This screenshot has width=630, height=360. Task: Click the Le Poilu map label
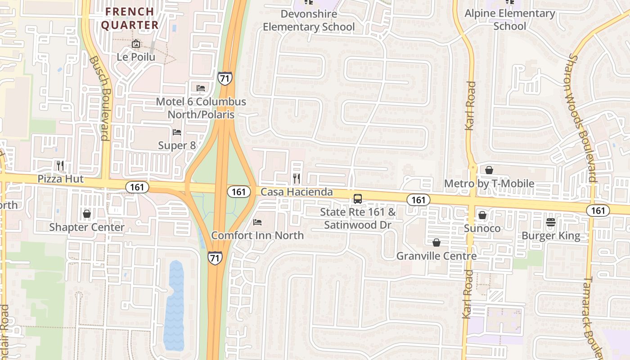pyautogui.click(x=135, y=57)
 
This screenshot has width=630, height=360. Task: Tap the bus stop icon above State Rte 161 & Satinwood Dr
pyautogui.click(x=358, y=198)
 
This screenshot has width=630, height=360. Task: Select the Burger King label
pyautogui.click(x=551, y=235)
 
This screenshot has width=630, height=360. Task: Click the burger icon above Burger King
pyautogui.click(x=551, y=222)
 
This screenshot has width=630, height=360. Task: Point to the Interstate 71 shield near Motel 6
pyautogui.click(x=225, y=78)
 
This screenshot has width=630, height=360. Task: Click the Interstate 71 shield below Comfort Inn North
pyautogui.click(x=215, y=258)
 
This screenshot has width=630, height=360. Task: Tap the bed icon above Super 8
pyautogui.click(x=177, y=132)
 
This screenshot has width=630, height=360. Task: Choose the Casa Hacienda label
pyautogui.click(x=297, y=192)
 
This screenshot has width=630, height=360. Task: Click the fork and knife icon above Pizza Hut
pyautogui.click(x=61, y=166)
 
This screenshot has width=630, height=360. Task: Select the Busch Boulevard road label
pyautogui.click(x=99, y=98)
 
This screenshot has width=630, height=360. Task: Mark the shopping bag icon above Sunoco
pyautogui.click(x=482, y=215)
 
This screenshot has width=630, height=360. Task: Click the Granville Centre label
pyautogui.click(x=436, y=256)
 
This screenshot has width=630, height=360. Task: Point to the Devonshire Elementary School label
pyautogui.click(x=309, y=20)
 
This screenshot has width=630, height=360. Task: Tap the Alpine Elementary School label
pyautogui.click(x=509, y=20)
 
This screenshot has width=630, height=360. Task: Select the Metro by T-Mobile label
pyautogui.click(x=489, y=184)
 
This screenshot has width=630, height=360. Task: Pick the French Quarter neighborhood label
pyautogui.click(x=130, y=18)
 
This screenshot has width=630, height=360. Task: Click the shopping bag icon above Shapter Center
pyautogui.click(x=87, y=213)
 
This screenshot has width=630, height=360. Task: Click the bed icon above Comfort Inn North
pyautogui.click(x=257, y=222)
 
